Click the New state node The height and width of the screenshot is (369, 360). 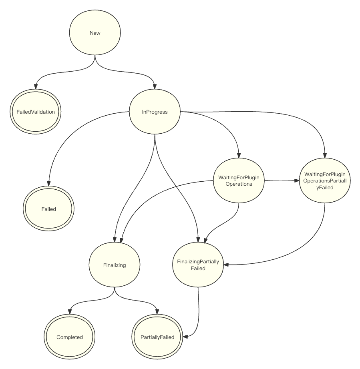95,33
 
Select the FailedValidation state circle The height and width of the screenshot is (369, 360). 36,112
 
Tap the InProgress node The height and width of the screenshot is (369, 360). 155,112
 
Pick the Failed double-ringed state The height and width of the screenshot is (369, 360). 48,209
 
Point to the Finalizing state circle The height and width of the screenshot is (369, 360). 115,265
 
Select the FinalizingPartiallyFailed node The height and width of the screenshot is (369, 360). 198,265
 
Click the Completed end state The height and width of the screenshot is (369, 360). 70,337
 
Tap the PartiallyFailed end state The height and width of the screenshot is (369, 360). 157,337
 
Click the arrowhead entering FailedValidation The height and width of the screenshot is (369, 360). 36,86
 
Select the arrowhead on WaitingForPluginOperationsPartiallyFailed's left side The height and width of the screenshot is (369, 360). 297,181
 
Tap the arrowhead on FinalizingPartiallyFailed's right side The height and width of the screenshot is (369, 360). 226,265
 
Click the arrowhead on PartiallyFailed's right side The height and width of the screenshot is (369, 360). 185,337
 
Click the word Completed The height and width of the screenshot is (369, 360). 70,337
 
